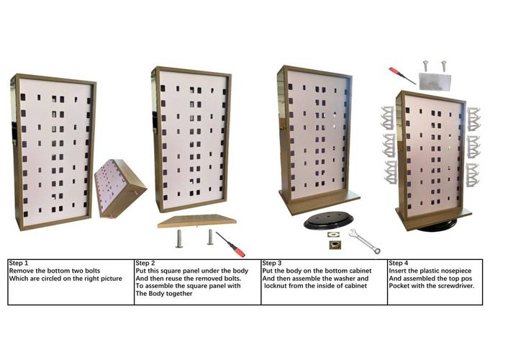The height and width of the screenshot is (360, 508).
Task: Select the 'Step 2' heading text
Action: (x=146, y=264)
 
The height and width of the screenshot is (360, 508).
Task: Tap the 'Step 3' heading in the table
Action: (x=273, y=264)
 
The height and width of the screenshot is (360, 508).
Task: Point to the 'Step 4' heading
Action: (x=399, y=264)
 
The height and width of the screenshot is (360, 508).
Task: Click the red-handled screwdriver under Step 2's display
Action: (x=232, y=244)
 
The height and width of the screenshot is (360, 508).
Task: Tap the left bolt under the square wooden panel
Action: (x=179, y=237)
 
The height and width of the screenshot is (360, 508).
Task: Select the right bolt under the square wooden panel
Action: (x=210, y=236)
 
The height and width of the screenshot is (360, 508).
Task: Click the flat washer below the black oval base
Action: (x=333, y=234)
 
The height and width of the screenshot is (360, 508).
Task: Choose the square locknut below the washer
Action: (x=335, y=245)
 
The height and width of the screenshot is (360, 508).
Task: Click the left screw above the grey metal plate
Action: (x=426, y=66)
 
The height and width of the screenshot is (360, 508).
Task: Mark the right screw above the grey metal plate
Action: (x=443, y=66)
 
